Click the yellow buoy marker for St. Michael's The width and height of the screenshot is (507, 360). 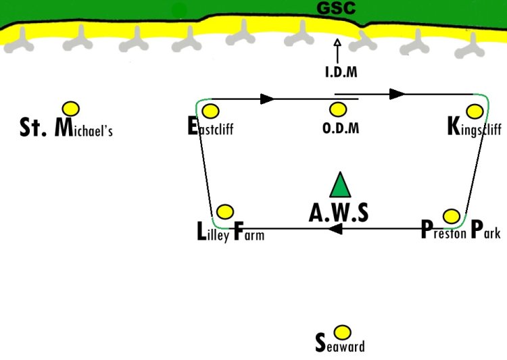(71, 109)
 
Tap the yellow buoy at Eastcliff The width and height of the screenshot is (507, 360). (210, 111)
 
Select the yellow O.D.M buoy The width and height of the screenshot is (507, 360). (338, 109)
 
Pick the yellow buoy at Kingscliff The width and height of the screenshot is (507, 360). (475, 111)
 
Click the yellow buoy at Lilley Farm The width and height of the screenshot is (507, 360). (225, 212)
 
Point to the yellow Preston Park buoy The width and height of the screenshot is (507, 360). (452, 216)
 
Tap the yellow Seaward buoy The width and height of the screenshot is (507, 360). (342, 332)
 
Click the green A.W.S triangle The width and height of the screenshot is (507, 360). (340, 185)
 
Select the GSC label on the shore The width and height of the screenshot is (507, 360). (336, 8)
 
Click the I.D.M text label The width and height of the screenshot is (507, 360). (341, 72)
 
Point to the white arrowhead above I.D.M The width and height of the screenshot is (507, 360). (337, 43)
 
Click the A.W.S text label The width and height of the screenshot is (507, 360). (339, 213)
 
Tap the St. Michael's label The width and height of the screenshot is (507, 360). (66, 128)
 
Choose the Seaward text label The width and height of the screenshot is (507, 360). (340, 344)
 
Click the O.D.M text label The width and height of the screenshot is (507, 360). (341, 128)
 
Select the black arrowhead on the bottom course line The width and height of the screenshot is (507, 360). (335, 229)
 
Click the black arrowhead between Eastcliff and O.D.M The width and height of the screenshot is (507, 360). (268, 99)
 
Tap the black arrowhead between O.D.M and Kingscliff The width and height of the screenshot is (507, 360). (397, 94)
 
